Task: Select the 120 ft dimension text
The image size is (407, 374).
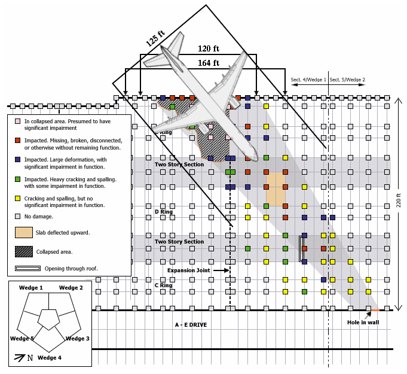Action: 208,48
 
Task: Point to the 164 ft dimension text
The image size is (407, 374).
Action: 209,62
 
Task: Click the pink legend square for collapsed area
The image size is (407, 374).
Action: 19,121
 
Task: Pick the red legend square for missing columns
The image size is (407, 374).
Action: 19,141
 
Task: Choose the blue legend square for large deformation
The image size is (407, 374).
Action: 19,160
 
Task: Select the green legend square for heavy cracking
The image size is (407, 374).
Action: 19,179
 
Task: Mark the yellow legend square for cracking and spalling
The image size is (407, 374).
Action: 19,198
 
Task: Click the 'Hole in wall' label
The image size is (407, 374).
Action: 364,323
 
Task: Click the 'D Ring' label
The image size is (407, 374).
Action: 164,212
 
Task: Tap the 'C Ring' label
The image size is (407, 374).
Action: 164,285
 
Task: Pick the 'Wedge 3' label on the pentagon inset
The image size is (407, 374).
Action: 77,339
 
